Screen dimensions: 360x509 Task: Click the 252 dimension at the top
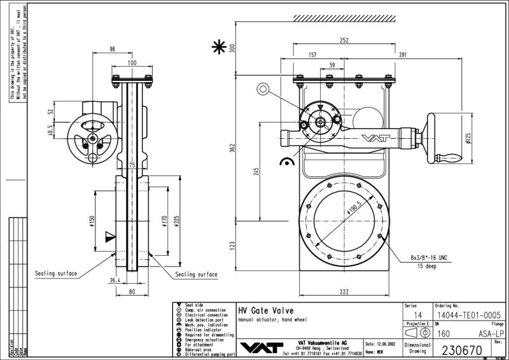[344, 39]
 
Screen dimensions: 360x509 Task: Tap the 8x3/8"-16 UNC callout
[429, 258]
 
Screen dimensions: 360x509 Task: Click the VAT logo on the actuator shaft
[373, 137]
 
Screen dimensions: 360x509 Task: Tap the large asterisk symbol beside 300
[219, 47]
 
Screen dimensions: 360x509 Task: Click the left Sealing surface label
[56, 273]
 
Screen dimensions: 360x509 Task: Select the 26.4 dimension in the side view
[115, 279]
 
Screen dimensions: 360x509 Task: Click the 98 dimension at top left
[112, 49]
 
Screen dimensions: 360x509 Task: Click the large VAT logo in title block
[260, 347]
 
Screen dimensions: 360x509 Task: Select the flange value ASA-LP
[491, 332]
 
